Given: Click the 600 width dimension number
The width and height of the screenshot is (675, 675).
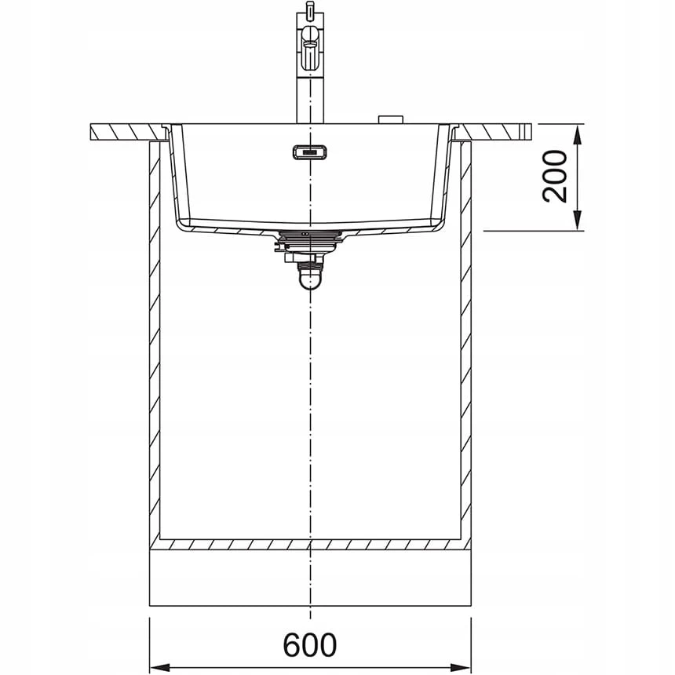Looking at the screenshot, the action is (309, 644).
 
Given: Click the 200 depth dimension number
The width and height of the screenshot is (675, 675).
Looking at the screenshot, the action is (554, 176).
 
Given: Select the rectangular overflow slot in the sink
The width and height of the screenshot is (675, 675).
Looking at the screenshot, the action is (310, 152).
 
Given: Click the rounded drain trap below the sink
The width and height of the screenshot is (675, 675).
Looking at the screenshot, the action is (310, 278).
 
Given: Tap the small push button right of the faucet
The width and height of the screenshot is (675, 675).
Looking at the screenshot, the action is (390, 119).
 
